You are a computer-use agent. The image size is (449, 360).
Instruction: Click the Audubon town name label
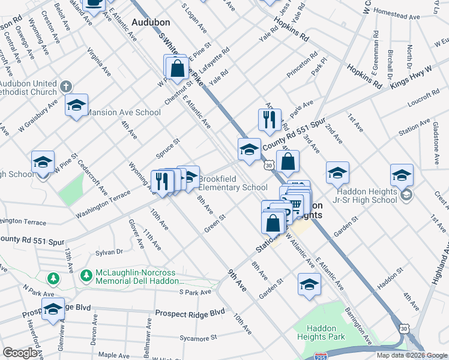point(151,22)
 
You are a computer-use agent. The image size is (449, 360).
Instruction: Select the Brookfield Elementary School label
point(233,183)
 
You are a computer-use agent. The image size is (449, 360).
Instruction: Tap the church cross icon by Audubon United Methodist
point(66,87)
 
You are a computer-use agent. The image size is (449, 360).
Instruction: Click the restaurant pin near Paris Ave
point(270,119)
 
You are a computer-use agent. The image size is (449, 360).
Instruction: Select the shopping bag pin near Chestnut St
point(177,68)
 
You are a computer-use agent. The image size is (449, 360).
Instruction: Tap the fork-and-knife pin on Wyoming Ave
point(161,181)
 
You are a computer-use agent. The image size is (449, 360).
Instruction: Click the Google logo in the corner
point(20,353)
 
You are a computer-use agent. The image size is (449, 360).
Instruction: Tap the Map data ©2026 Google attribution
point(411,355)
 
